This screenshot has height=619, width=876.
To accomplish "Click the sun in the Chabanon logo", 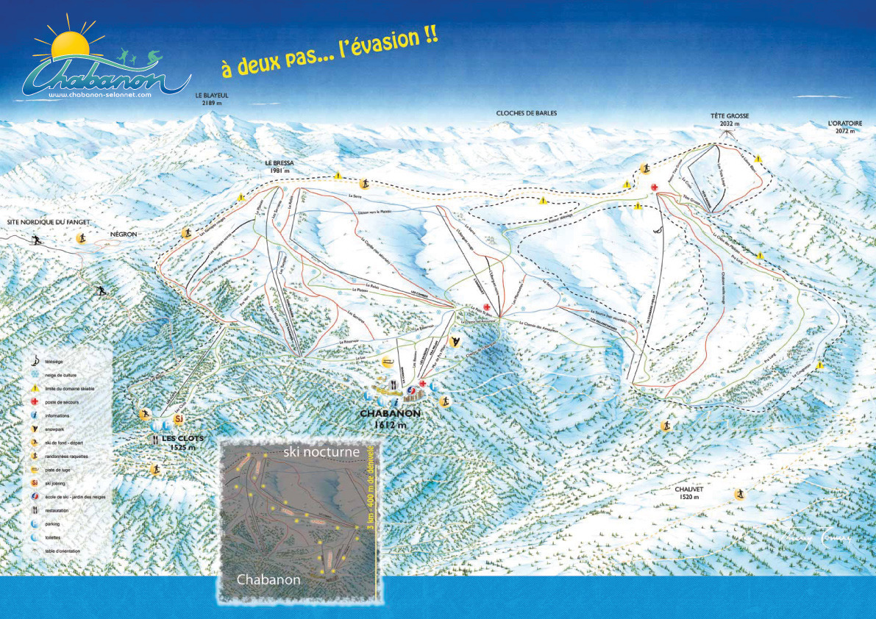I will [69, 45].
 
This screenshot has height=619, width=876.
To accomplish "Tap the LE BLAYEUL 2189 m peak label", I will [212, 100].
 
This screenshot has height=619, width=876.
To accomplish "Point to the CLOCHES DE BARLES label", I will [526, 113].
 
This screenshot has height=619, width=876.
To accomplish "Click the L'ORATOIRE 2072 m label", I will [844, 126].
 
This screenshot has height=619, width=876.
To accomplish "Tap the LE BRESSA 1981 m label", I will [279, 166].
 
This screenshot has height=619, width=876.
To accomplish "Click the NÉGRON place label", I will [123, 235].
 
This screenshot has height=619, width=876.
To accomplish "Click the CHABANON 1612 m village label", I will [390, 418].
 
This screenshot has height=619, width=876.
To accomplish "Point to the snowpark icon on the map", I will [456, 341].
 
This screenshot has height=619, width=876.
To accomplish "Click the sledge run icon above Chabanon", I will [388, 362].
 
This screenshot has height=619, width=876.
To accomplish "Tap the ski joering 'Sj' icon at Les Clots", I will [177, 419].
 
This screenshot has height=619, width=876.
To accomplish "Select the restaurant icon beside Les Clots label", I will [155, 439].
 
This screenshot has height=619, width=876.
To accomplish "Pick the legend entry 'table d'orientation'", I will [63, 551].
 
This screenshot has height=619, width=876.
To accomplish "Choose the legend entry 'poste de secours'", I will [62, 402].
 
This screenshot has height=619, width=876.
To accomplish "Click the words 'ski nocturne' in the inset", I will [321, 452].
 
